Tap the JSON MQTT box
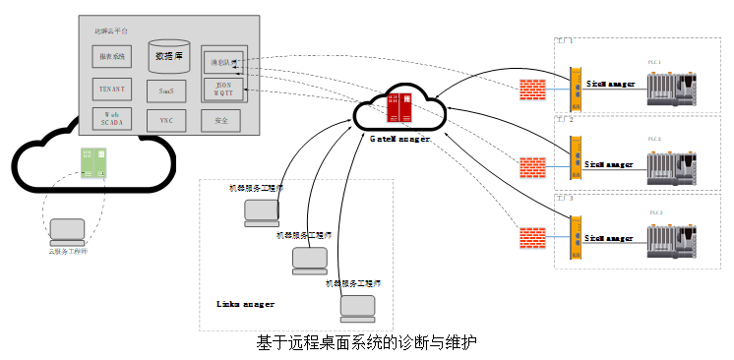[221, 90]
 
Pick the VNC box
[166, 120]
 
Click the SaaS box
[166, 90]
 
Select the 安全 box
[220, 120]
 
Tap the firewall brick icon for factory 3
[532, 238]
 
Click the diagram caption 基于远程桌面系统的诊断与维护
[366, 343]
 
